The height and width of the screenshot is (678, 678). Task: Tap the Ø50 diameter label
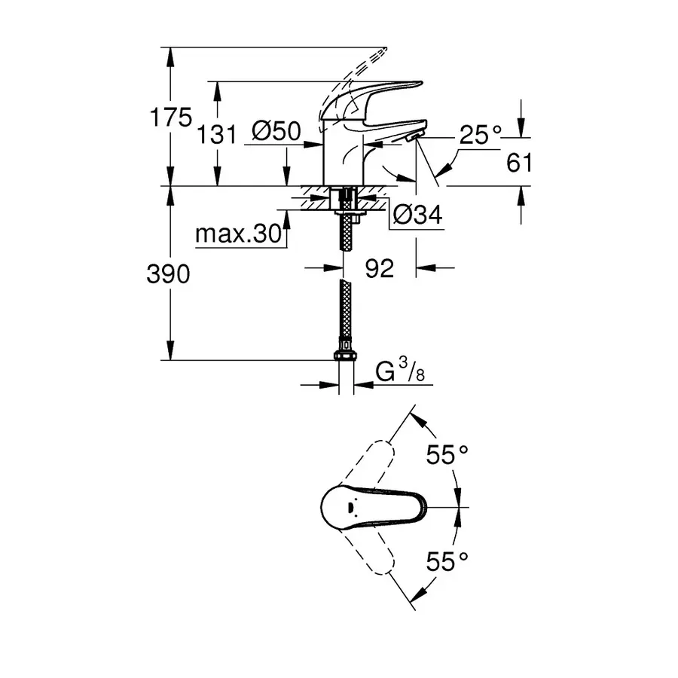[x=276, y=134]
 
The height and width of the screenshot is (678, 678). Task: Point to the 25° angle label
[x=481, y=136]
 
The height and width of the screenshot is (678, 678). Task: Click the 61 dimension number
[x=519, y=162]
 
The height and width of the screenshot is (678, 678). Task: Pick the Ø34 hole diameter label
[x=417, y=216]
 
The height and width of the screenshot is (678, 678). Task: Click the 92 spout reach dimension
[x=380, y=267]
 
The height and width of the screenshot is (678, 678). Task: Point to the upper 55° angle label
[x=447, y=455]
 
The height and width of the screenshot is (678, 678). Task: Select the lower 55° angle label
[x=447, y=560]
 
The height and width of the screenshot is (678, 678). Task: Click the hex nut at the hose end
[x=346, y=356]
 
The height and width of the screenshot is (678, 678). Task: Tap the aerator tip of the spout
[x=414, y=135]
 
